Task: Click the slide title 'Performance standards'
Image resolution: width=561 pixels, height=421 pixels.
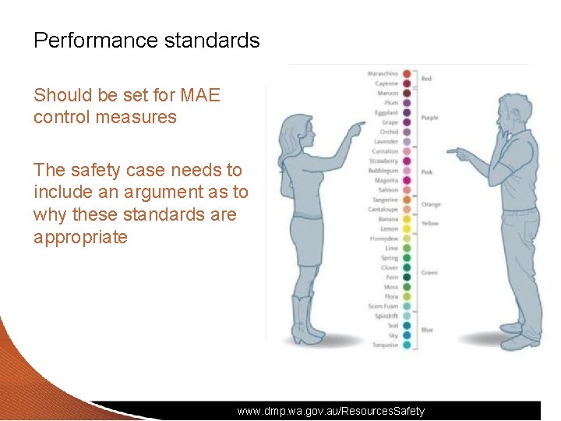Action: tap(146, 41)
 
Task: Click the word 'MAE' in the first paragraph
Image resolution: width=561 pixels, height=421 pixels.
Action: tap(200, 95)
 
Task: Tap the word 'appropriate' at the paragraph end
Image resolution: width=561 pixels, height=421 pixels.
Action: tap(80, 237)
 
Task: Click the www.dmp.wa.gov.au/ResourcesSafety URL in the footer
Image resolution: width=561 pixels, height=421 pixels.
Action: tap(331, 411)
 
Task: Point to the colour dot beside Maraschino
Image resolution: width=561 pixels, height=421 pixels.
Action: tap(407, 74)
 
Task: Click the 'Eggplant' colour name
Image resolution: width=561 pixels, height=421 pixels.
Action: tap(386, 113)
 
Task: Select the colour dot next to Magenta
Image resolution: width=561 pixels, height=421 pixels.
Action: tap(407, 181)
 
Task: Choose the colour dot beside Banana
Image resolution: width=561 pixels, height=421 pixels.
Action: tap(407, 220)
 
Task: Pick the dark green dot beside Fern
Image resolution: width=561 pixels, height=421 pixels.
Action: tap(407, 278)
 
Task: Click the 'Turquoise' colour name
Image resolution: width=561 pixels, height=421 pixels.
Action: tap(385, 345)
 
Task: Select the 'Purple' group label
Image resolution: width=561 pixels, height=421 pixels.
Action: tap(429, 118)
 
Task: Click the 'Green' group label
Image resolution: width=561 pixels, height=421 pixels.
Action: tap(429, 273)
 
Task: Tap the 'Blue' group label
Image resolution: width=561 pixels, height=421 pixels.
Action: tap(427, 331)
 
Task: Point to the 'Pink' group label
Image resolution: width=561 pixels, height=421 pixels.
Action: tap(427, 172)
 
